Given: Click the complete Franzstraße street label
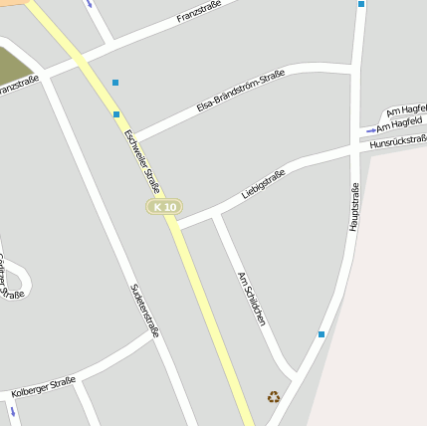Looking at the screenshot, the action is coord(197,13).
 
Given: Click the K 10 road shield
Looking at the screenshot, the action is coord(164,207).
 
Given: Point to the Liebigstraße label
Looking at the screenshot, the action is coord(263,184).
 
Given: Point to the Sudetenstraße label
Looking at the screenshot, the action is coord(145,311).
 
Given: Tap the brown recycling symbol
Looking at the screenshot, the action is coord(274,396).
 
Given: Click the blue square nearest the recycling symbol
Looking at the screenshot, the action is coord(321,334).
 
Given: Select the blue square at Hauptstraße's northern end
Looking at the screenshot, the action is coord(361,4).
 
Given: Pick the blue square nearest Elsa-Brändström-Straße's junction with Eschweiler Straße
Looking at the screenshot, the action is coord(116,114).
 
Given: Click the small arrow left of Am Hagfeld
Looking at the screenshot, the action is coord(371,129).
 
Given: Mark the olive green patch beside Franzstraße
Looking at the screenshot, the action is coord(14,66).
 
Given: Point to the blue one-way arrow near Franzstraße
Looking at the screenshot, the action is coord(91,4).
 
